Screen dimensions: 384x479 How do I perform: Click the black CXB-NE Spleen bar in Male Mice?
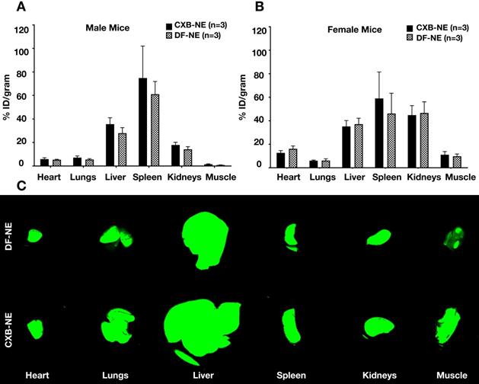point(142,122)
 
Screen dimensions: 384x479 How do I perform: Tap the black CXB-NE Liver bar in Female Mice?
point(347,146)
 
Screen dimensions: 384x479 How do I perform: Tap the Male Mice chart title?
point(107,29)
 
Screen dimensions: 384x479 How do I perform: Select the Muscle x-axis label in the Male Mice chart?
point(221,178)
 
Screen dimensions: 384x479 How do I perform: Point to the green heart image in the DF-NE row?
point(35,235)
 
